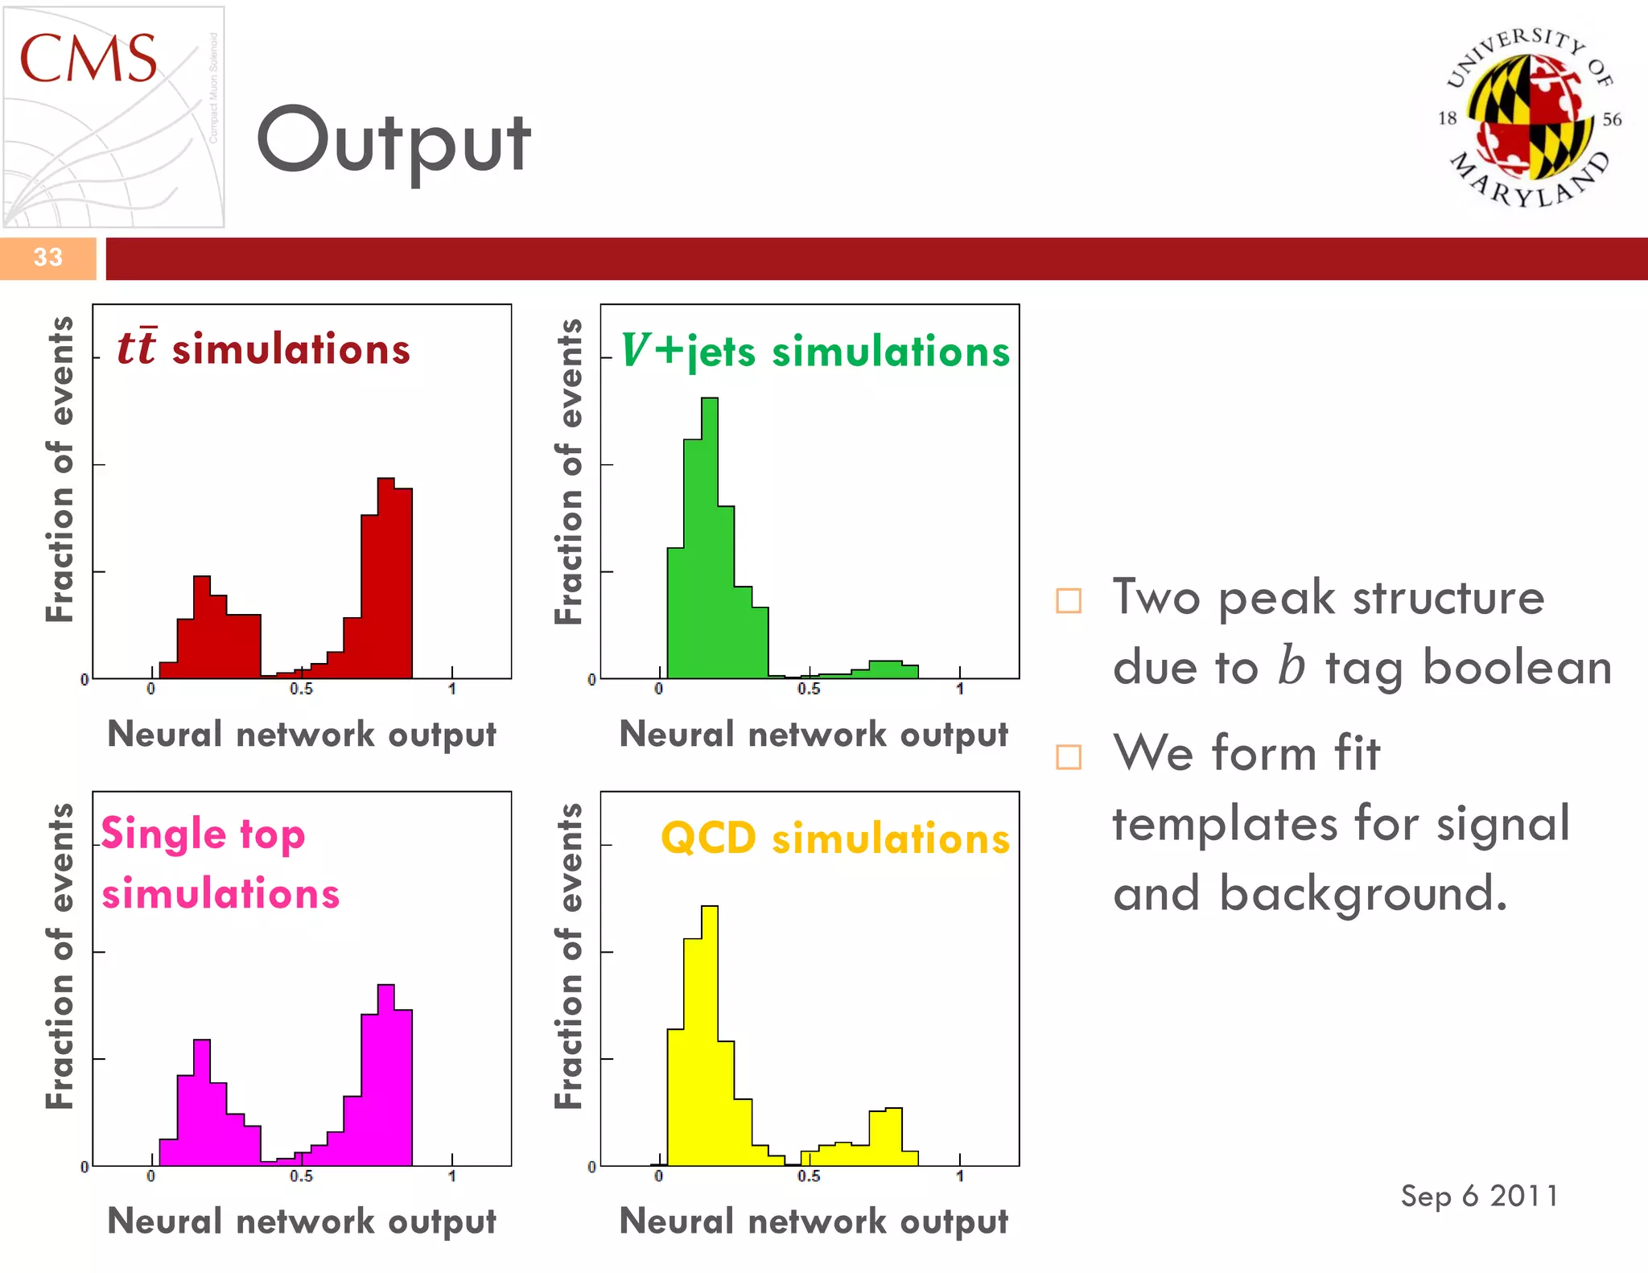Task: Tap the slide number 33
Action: click(47, 257)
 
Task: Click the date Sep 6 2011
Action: click(1479, 1196)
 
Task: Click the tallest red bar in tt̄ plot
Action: click(385, 579)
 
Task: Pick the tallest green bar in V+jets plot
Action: click(709, 539)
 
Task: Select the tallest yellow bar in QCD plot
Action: click(709, 1038)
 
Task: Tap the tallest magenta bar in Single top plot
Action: click(385, 1078)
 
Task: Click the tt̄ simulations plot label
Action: click(264, 349)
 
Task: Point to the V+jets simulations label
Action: click(814, 352)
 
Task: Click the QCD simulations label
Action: click(834, 838)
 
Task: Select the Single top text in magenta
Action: click(203, 834)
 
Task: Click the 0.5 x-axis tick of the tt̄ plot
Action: click(302, 689)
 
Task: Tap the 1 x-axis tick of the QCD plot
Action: click(959, 1176)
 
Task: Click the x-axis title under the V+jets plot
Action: click(814, 735)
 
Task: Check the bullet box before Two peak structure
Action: click(1068, 600)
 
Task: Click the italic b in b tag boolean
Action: click(1291, 666)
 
